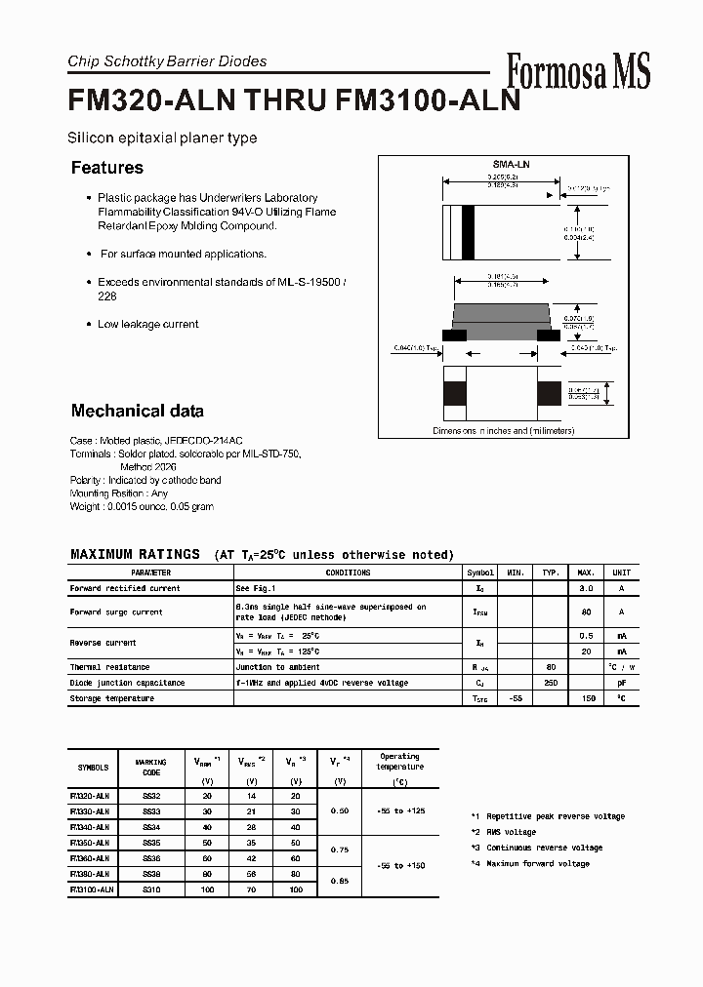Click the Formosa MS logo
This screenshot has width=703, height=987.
pyautogui.click(x=578, y=71)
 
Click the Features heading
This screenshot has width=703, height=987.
pyautogui.click(x=107, y=168)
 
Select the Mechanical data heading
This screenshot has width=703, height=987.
pyautogui.click(x=138, y=411)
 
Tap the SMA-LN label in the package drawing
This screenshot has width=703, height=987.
pyautogui.click(x=505, y=166)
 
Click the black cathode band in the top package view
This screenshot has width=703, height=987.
pyautogui.click(x=468, y=234)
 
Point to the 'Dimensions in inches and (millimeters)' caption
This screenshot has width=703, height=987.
pyautogui.click(x=504, y=430)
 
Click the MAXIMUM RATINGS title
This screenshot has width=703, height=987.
pyautogui.click(x=135, y=554)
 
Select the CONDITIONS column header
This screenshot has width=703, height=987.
pyautogui.click(x=348, y=572)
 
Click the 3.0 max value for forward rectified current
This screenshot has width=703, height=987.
pyautogui.click(x=586, y=588)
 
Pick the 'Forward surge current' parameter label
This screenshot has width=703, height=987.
pyautogui.click(x=116, y=612)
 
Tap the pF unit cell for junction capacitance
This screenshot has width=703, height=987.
pyautogui.click(x=621, y=683)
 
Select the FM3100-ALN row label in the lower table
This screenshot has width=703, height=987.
pyautogui.click(x=93, y=889)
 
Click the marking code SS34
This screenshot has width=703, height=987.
pyautogui.click(x=151, y=827)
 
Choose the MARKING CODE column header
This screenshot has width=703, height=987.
pyautogui.click(x=151, y=767)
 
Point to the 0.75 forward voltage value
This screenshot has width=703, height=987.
pyautogui.click(x=339, y=850)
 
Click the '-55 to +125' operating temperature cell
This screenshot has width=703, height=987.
pyautogui.click(x=399, y=811)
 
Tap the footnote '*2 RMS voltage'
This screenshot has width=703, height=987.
pyautogui.click(x=503, y=832)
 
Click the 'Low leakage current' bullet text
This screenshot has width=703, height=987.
pyautogui.click(x=147, y=324)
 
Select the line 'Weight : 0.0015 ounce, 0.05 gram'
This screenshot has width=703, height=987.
pyautogui.click(x=142, y=506)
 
